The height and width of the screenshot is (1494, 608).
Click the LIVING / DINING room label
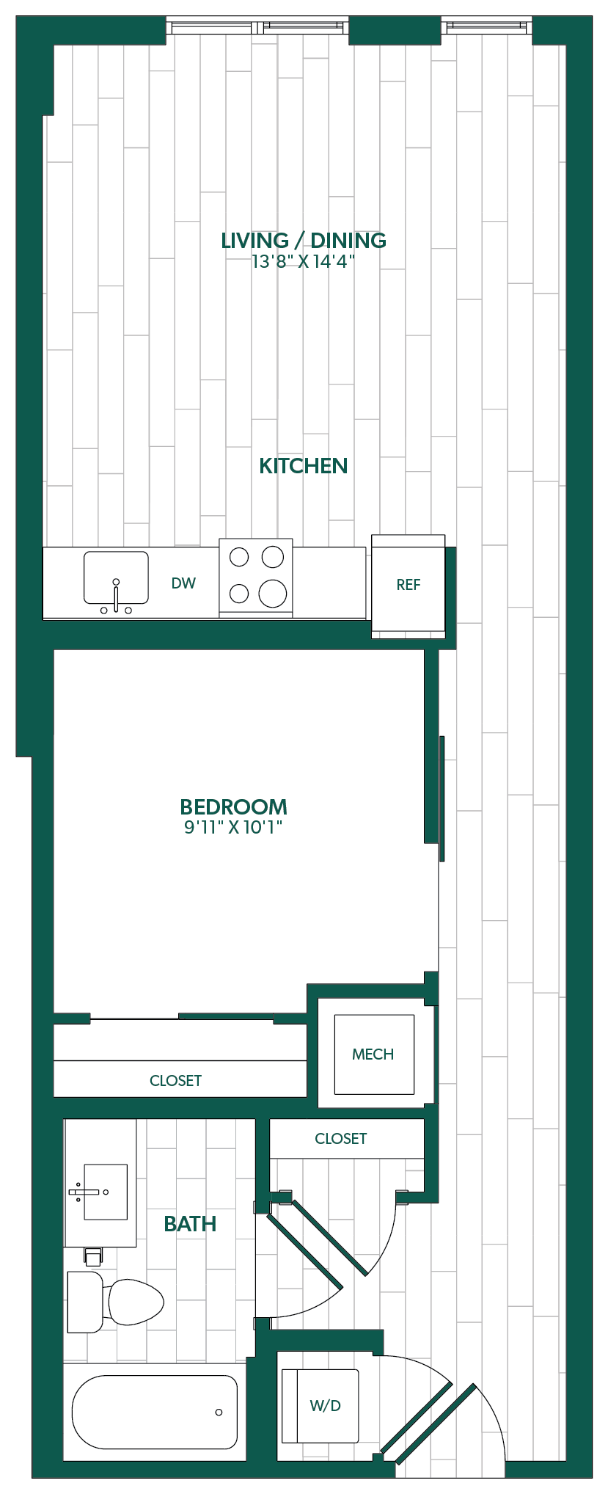coord(304,241)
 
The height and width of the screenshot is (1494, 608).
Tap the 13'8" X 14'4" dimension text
coord(304,261)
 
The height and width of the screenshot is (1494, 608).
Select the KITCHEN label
coord(304,466)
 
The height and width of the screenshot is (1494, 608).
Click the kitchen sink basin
coord(116,577)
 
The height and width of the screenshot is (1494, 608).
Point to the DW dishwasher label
coord(183,583)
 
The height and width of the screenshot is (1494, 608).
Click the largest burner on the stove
coord(273,593)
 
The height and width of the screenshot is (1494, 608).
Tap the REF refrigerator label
coord(409,585)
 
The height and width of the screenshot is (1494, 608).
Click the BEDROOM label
coord(234,807)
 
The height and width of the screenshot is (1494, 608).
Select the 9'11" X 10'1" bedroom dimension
coord(234,828)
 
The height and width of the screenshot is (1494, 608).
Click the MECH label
coord(373,1054)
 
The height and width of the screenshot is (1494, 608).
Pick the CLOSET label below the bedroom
coord(175,1081)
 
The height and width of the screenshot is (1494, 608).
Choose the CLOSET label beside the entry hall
coord(341,1139)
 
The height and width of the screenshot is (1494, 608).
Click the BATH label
coord(190,1224)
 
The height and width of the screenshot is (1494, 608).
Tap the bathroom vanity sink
coord(106,1192)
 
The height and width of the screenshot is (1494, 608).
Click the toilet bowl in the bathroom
coord(136,1302)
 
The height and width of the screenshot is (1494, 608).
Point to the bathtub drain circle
coord(219,1413)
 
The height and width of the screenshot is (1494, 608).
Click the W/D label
coord(326,1406)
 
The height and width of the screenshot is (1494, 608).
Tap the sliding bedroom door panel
coord(442,798)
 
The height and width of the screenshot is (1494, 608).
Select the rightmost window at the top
coord(487,27)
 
